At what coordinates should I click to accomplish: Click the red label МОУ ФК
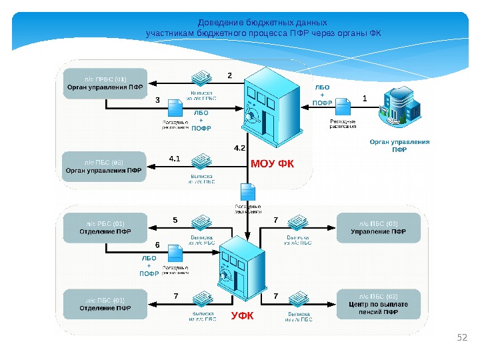(272, 163)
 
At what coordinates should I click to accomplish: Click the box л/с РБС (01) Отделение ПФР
(104, 228)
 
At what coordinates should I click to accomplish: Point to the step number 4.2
(240, 147)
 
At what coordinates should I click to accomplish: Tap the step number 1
(365, 98)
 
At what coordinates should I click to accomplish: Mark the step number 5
(175, 219)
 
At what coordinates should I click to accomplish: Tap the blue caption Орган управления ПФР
(399, 145)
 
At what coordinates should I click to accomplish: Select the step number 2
(230, 75)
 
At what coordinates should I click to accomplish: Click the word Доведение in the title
(221, 22)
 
